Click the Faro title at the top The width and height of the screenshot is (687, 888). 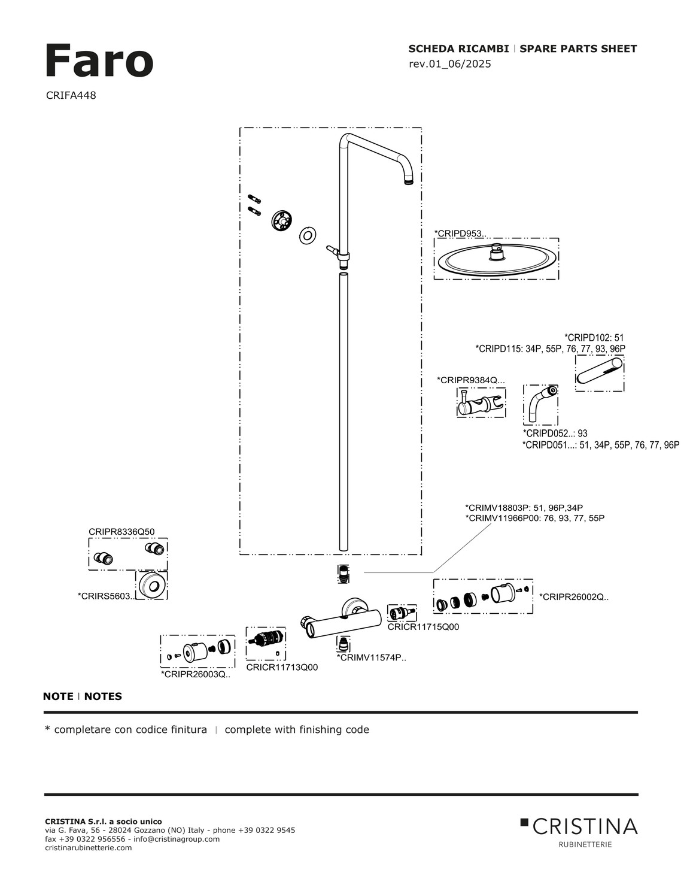tap(99, 61)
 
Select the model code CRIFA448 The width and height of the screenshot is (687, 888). tap(71, 95)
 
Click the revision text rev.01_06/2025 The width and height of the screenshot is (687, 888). tap(449, 64)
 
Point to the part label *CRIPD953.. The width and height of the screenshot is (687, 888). tap(460, 233)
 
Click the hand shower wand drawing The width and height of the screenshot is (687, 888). tap(599, 372)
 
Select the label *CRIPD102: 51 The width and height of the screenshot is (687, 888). tap(594, 338)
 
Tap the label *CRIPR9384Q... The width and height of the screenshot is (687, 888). tap(470, 380)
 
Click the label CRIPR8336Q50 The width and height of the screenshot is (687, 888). tap(121, 531)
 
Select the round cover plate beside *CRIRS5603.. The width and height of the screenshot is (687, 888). tap(151, 585)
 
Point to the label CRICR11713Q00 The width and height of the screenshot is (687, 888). tap(282, 667)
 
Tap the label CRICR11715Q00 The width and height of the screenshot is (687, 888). tap(423, 627)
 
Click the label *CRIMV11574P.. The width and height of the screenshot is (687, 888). tap(371, 657)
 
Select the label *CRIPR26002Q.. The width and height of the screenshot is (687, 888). tap(573, 596)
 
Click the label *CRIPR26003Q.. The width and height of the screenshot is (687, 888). tap(195, 674)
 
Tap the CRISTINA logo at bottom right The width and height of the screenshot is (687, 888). tap(579, 827)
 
